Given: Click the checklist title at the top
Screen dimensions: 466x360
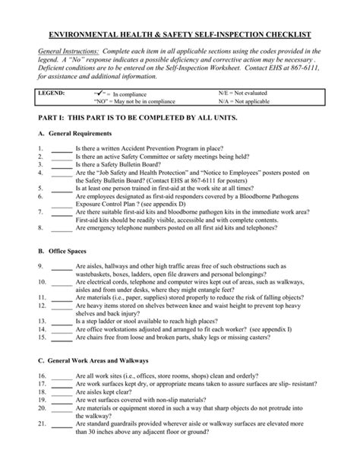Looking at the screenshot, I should pyautogui.click(x=180, y=36).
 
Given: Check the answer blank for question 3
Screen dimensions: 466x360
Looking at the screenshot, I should pyautogui.click(x=62, y=163).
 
